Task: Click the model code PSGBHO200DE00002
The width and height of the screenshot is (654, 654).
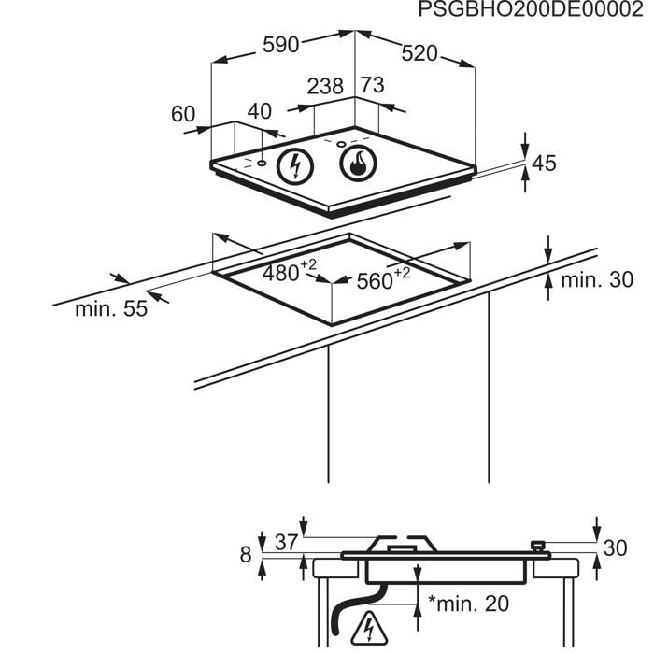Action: [x=531, y=9]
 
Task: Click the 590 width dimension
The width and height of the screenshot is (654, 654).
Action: [x=280, y=45]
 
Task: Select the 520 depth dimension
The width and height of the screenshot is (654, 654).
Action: [x=419, y=53]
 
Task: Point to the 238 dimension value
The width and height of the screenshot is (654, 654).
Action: [x=325, y=86]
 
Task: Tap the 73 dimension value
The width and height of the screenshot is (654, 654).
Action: [x=373, y=85]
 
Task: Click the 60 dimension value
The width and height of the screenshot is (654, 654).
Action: [x=183, y=114]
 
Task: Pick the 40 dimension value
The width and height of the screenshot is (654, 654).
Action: [x=259, y=111]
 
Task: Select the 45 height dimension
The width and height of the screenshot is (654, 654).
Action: [x=545, y=163]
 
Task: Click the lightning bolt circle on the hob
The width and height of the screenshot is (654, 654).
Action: [x=296, y=166]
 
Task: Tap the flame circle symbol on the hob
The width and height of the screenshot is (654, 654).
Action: [x=358, y=163]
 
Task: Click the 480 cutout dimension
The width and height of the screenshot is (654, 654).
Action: [x=290, y=271]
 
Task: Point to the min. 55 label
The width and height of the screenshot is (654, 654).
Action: [x=111, y=309]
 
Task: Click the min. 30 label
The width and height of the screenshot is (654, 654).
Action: [x=597, y=280]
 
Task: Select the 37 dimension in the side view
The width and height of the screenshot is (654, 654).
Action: [x=287, y=543]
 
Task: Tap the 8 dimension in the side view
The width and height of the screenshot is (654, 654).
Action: [x=246, y=555]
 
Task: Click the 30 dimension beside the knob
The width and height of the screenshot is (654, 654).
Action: [x=615, y=548]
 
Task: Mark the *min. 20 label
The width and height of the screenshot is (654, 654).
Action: [x=468, y=604]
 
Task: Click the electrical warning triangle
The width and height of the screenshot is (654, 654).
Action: [x=369, y=628]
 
